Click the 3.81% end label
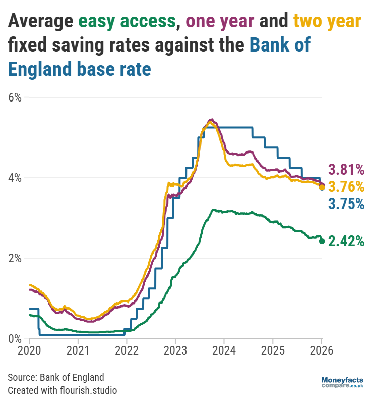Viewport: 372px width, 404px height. pos(346,169)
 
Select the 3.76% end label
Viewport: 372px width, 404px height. pos(346,187)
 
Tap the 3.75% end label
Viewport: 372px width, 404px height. pos(346,204)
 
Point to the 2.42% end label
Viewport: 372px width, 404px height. pos(346,241)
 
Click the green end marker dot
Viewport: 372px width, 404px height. pos(322,241)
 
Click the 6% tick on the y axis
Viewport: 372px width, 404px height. pos(14,97)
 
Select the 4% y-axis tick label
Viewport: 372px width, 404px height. pos(14,178)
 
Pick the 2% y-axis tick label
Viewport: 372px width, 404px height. pos(14,258)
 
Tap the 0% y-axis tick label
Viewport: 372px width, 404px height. pos(14,338)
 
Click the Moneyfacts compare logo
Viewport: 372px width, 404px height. pos(342,382)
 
